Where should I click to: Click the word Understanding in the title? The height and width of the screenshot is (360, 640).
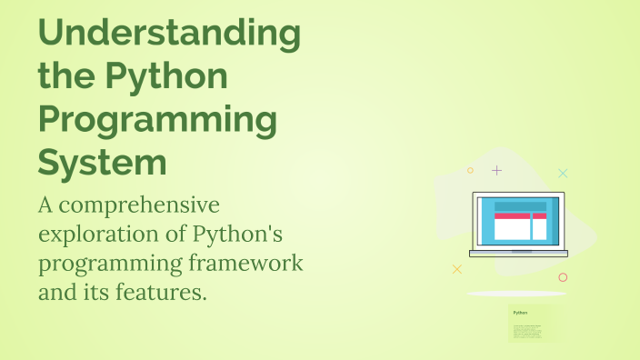169,34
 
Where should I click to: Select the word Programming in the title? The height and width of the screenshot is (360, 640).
157,120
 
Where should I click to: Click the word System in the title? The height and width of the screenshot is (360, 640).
102,163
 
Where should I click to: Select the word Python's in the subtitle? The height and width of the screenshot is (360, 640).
239,235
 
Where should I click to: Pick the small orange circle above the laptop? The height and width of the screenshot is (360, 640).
470,170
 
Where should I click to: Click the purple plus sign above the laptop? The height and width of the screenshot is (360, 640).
496,170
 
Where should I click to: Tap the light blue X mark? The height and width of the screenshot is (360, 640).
563,173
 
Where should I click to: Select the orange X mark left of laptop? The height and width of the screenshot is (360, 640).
457,269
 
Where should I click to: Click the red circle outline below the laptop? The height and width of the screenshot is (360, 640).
563,277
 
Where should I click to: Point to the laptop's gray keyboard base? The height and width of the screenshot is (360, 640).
518,253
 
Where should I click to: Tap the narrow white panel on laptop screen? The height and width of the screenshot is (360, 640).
540,228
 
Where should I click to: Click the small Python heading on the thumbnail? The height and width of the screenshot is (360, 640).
519,313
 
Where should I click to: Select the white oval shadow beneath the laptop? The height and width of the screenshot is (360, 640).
516,294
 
